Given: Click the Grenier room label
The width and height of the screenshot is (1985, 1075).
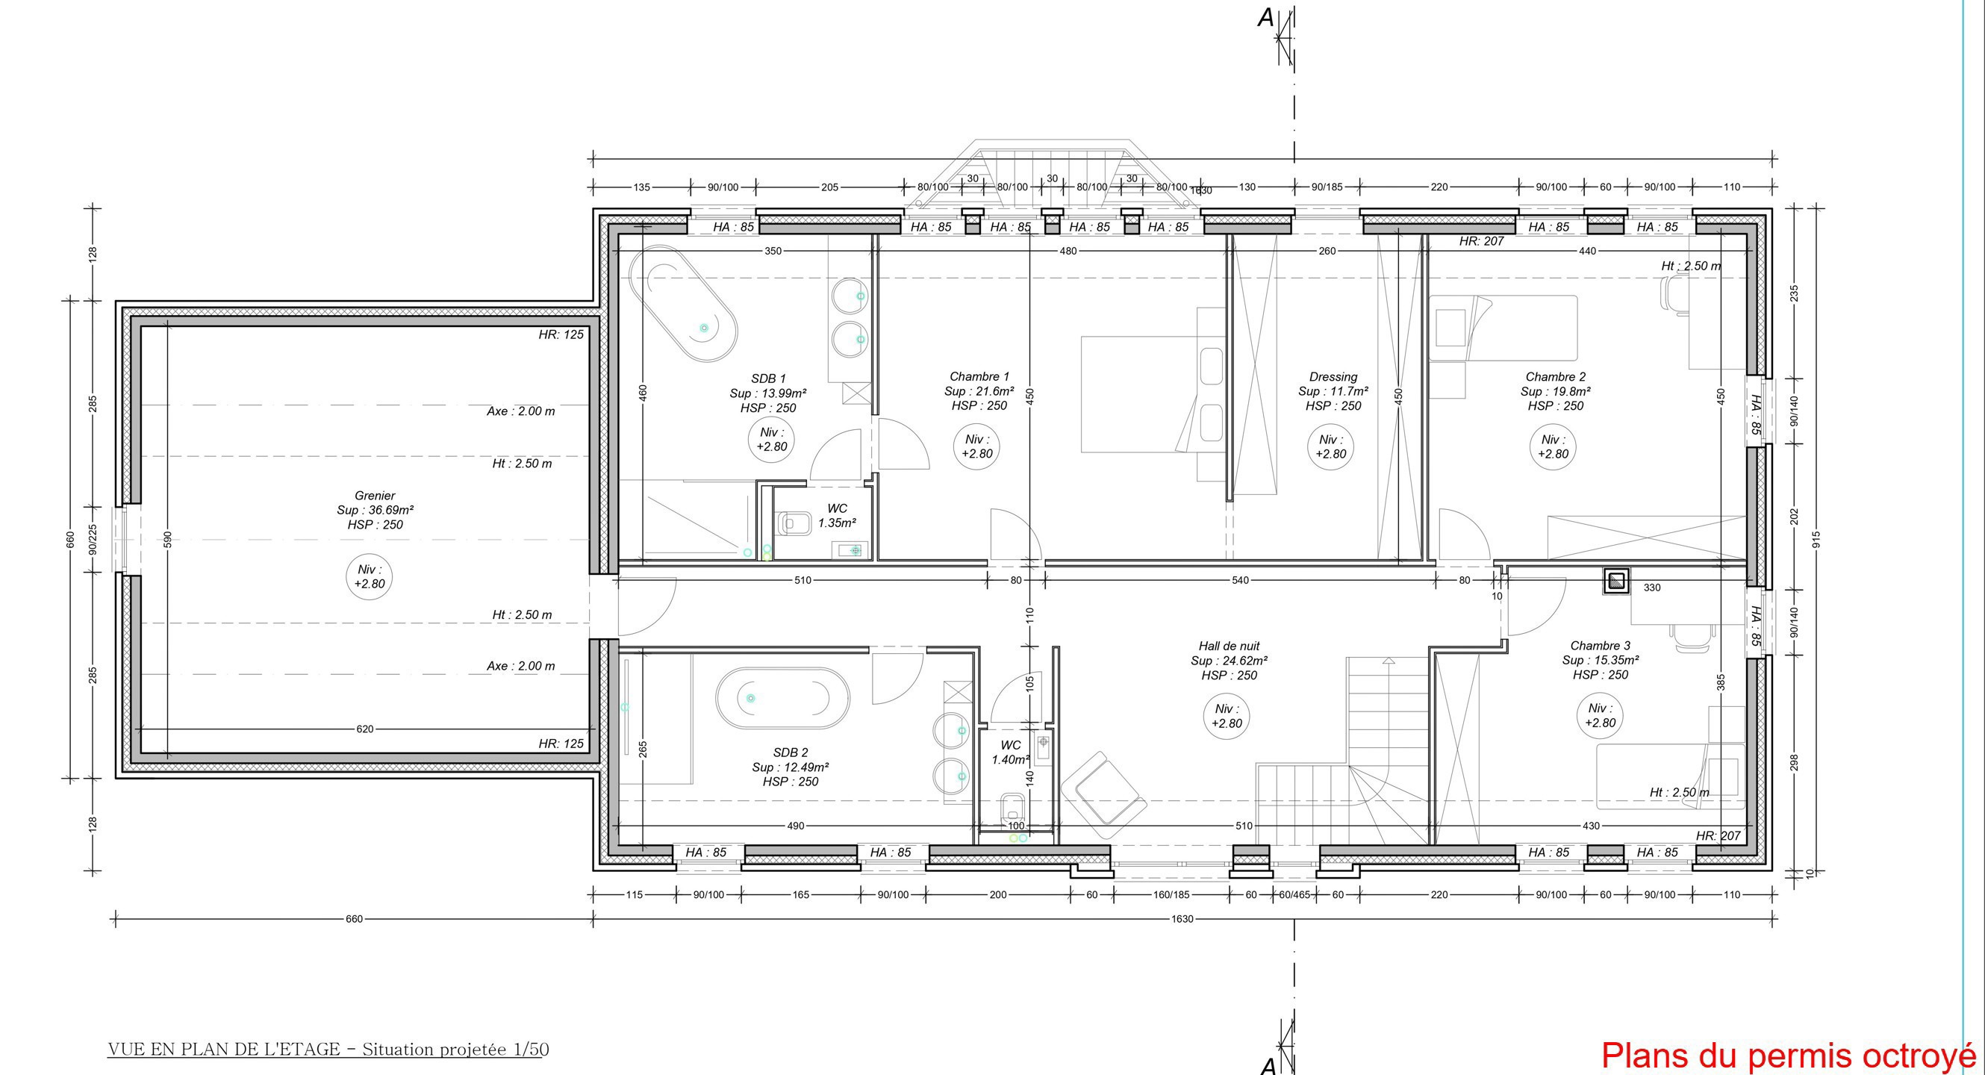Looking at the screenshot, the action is coord(375,496).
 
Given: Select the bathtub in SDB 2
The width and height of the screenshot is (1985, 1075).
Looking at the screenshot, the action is coord(782,699).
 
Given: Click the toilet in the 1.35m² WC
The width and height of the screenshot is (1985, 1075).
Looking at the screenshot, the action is coord(793,524).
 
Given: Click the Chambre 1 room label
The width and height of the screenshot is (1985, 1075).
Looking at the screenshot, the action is coord(979,377).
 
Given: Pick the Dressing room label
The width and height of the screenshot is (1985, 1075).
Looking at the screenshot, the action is coord(1333,377).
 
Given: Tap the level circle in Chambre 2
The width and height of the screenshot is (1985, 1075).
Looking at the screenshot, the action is coord(1553,447).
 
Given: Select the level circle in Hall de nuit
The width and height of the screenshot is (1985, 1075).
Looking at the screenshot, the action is coord(1227,716).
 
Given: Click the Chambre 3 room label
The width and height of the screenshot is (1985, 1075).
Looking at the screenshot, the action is coord(1600,646).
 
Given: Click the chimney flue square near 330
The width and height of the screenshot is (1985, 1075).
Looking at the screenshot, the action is coord(1616,581).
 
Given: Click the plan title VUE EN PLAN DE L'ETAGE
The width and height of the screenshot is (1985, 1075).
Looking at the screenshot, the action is coord(224,1050).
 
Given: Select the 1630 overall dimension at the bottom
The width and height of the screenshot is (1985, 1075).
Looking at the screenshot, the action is coord(1181,918).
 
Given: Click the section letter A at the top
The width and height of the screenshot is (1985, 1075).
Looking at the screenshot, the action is coord(1266,18).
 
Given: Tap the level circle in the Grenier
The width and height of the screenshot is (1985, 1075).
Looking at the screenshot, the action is coord(369,576).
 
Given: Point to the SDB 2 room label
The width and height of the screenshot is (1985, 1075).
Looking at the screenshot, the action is coord(791,752).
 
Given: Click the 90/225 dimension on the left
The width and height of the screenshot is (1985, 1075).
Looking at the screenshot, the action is coord(93,540).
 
